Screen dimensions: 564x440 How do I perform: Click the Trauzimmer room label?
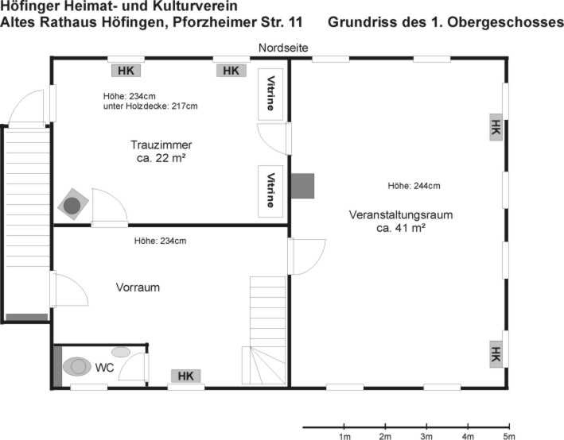click(161, 145)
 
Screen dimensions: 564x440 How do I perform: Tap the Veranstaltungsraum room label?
click(401, 214)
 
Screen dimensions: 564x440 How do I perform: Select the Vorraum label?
click(138, 288)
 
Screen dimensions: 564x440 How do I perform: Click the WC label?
click(104, 368)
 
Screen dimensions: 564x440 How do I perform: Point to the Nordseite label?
click(283, 48)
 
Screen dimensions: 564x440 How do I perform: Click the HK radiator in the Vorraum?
click(185, 376)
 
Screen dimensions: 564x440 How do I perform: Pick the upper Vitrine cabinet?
click(270, 94)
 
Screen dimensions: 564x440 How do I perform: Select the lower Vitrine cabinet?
click(270, 191)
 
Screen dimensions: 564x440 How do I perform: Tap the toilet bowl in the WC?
click(77, 366)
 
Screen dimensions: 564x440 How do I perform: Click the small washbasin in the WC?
click(121, 352)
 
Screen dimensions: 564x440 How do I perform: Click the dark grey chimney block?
click(302, 186)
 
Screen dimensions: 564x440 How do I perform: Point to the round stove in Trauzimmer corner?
click(72, 205)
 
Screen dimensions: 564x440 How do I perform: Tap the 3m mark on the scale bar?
click(426, 427)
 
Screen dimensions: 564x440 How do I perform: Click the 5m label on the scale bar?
click(509, 436)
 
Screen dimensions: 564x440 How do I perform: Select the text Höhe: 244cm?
click(414, 186)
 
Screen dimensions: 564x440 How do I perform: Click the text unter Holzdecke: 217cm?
click(150, 106)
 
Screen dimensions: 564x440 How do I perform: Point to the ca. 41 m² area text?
click(401, 228)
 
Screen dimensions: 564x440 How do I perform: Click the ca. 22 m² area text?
click(161, 158)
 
